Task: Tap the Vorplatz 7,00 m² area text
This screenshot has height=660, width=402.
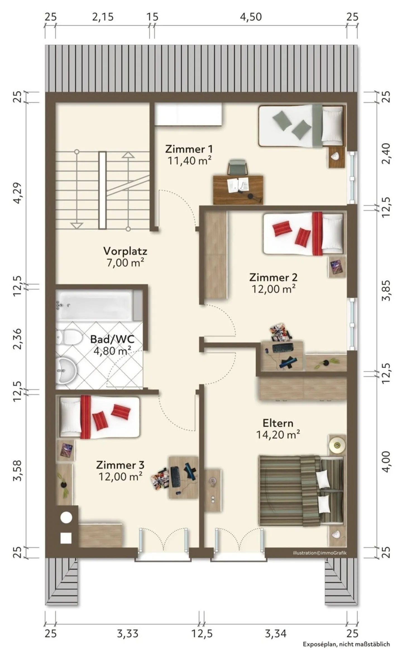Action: tap(125, 263)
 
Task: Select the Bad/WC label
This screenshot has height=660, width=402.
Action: tap(112, 339)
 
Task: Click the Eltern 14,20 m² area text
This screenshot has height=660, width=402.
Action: tap(278, 435)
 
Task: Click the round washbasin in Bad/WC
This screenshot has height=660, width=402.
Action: tap(66, 370)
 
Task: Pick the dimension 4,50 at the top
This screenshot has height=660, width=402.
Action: tap(251, 17)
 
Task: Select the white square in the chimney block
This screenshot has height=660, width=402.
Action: tap(66, 538)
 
